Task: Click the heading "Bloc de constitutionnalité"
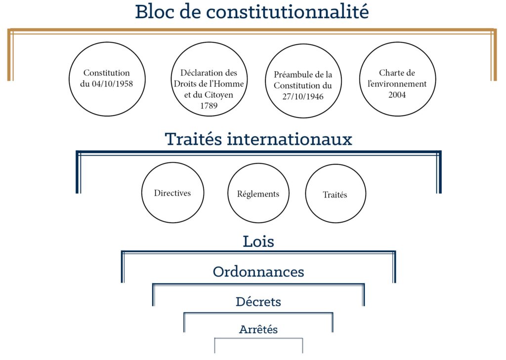pyautogui.click(x=252, y=12)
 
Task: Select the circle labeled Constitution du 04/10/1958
pyautogui.click(x=107, y=42)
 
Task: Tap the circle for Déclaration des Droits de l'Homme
pyautogui.click(x=209, y=42)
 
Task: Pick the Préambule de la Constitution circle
pyautogui.click(x=303, y=44)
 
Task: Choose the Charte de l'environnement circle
pyautogui.click(x=398, y=42)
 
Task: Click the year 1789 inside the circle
pyautogui.click(x=209, y=106)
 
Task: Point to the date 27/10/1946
pyautogui.click(x=303, y=96)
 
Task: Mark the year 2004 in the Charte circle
pyautogui.click(x=397, y=95)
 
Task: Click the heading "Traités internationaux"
pyautogui.click(x=258, y=139)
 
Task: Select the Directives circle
pyautogui.click(x=172, y=162)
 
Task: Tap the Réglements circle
pyautogui.click(x=258, y=163)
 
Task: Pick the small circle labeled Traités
pyautogui.click(x=336, y=164)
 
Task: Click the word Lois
pyautogui.click(x=258, y=241)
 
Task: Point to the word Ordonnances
pyautogui.click(x=258, y=272)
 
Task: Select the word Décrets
pyautogui.click(x=258, y=302)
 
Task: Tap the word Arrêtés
pyautogui.click(x=258, y=329)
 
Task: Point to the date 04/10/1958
pyautogui.click(x=112, y=84)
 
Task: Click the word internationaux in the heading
pyautogui.click(x=290, y=139)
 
